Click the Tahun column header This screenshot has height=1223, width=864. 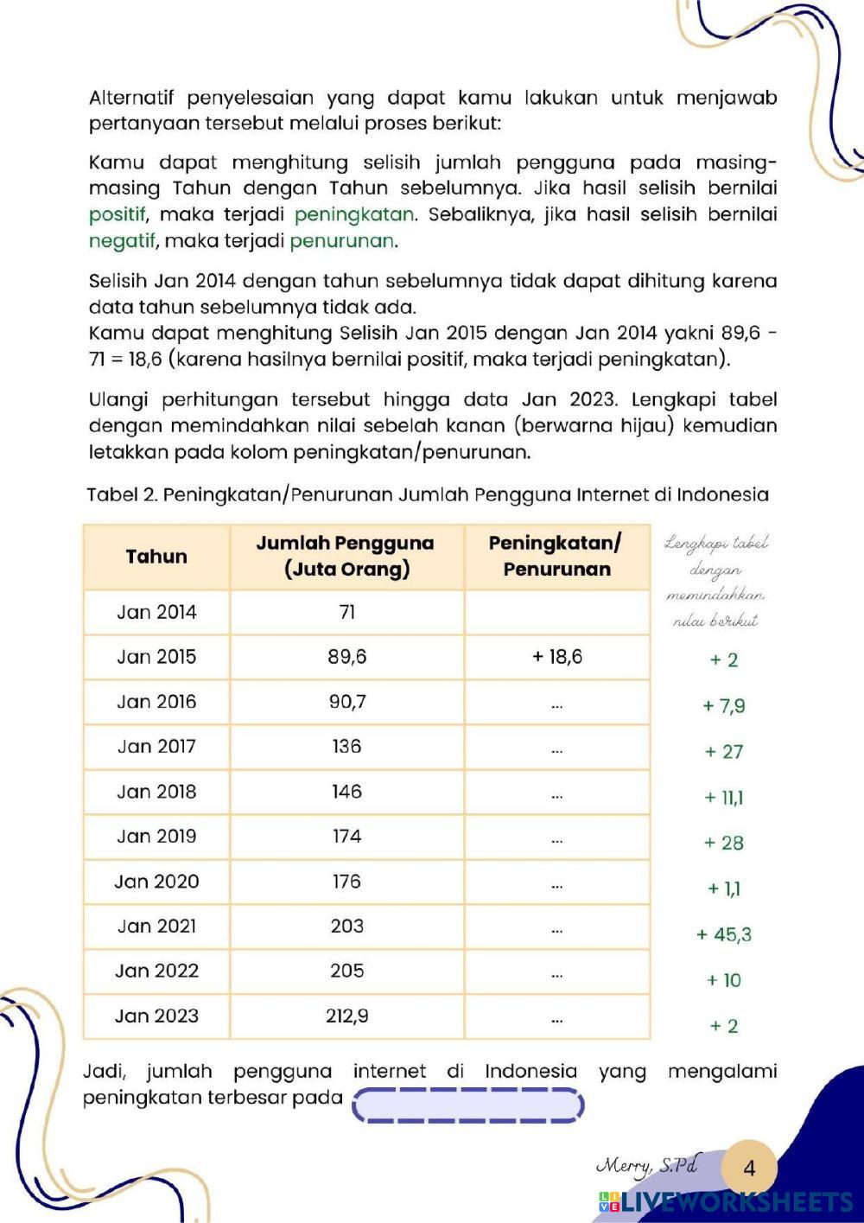pyautogui.click(x=156, y=557)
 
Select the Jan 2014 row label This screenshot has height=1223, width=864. pyautogui.click(x=156, y=612)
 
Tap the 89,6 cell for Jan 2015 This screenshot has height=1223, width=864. pyautogui.click(x=346, y=657)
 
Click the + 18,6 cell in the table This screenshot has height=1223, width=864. pyautogui.click(x=556, y=657)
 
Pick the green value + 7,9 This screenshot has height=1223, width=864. pyautogui.click(x=724, y=706)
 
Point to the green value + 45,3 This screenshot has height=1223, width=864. pyautogui.click(x=724, y=934)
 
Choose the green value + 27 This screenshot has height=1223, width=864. pyautogui.click(x=724, y=752)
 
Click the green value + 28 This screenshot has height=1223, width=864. pyautogui.click(x=724, y=843)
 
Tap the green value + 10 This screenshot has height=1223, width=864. pyautogui.click(x=724, y=980)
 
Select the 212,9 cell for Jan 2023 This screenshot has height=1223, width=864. pyautogui.click(x=346, y=1016)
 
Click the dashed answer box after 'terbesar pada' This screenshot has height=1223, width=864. pyautogui.click(x=467, y=1105)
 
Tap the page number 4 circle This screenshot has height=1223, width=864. pyautogui.click(x=748, y=1168)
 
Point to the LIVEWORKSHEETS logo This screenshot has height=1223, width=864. pyautogui.click(x=726, y=1202)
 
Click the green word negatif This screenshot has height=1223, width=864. pyautogui.click(x=122, y=241)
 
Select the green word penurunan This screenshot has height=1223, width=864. pyautogui.click(x=343, y=241)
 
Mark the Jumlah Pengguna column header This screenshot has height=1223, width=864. pyautogui.click(x=346, y=556)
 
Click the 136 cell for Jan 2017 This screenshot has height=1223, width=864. pyautogui.click(x=346, y=747)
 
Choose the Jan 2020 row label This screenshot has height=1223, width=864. pyautogui.click(x=156, y=882)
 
